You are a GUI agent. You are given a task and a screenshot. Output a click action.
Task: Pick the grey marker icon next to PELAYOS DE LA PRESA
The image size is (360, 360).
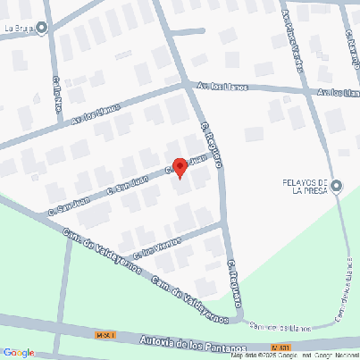[x=336, y=187]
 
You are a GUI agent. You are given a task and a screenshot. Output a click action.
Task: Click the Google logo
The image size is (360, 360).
[x=18, y=352]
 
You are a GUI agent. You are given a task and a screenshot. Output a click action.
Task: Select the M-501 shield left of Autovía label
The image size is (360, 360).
[x=106, y=334]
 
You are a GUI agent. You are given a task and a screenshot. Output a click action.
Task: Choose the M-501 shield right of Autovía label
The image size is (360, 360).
[x=281, y=347]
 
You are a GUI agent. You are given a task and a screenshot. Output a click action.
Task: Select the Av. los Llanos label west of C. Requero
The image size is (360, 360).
[x=96, y=113]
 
